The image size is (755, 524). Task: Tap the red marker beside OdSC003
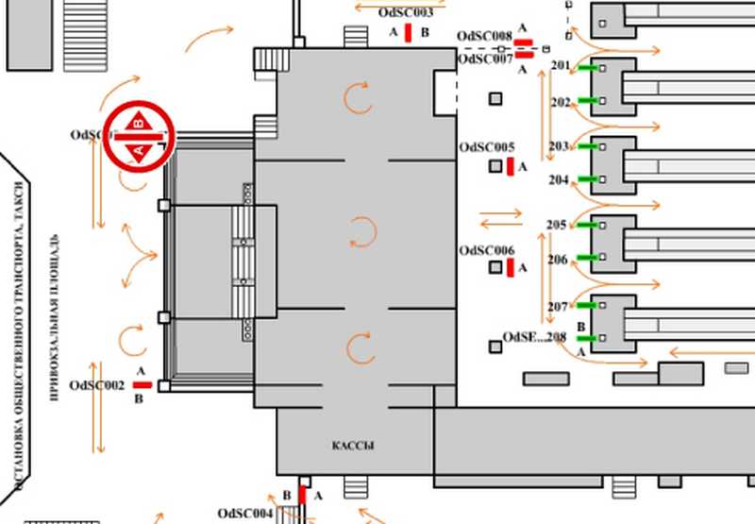408,33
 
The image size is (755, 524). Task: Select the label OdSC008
484,37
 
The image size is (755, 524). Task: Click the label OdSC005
487,148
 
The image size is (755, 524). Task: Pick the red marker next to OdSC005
511,167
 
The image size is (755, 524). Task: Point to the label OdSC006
487,250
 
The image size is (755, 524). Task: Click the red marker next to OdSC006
511,268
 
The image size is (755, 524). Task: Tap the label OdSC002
97,385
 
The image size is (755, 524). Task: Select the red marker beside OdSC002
143,385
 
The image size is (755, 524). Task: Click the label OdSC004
245,513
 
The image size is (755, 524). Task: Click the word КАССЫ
353,445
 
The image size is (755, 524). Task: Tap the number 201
560,66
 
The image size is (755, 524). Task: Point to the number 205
557,225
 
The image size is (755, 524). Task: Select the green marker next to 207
587,305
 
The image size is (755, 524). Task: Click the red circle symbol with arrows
139,137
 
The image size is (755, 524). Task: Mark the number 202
561,101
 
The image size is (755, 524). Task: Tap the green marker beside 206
587,257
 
